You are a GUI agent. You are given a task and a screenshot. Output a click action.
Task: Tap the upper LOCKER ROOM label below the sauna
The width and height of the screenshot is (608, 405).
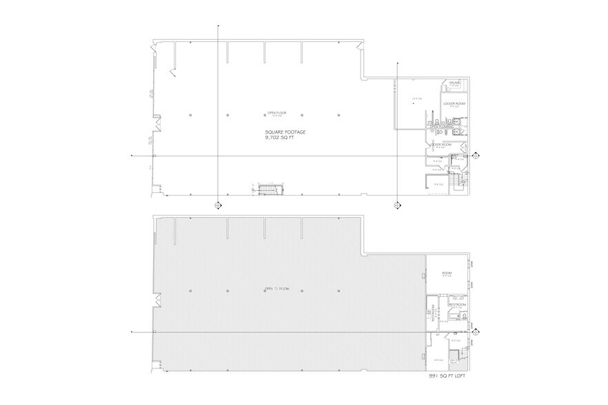pyautogui.click(x=454, y=103)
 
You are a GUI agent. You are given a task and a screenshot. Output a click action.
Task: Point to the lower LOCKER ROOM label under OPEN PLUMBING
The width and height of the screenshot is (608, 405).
pyautogui.click(x=440, y=145)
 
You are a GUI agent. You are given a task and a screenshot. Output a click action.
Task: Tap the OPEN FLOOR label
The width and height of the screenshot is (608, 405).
pyautogui.click(x=276, y=114)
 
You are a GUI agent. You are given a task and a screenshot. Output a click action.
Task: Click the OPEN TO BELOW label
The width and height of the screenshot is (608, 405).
pyautogui.click(x=275, y=289)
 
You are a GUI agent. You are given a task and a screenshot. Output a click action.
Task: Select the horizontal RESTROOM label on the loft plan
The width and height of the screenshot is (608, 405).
pyautogui.click(x=458, y=304)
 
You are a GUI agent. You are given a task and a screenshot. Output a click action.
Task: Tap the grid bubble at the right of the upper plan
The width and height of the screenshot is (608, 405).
pyautogui.click(x=475, y=157)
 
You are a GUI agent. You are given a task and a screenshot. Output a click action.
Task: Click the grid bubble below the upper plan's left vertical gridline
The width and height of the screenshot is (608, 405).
pyautogui.click(x=218, y=205)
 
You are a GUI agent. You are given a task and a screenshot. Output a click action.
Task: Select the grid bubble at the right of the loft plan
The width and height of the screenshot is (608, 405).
pyautogui.click(x=475, y=331)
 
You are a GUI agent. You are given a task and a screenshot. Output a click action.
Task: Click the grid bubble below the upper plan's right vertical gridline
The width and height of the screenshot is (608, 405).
pyautogui.click(x=397, y=205)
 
